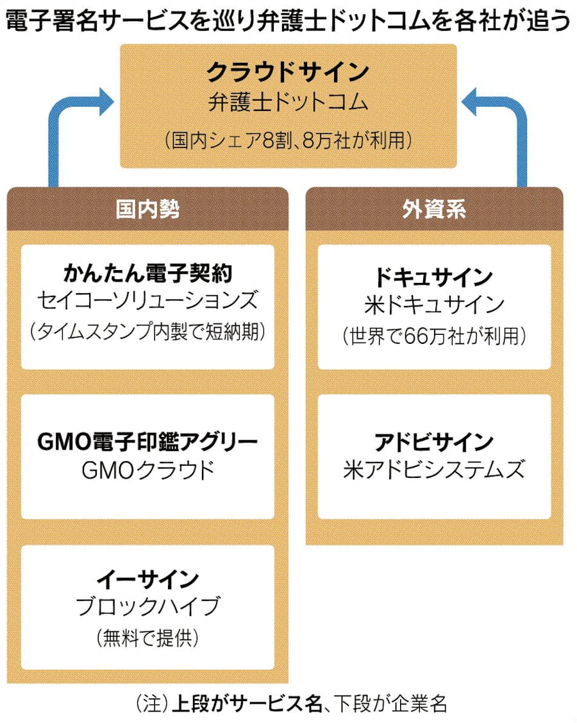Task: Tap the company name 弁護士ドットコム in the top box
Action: click(x=287, y=103)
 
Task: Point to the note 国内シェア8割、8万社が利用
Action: click(x=287, y=140)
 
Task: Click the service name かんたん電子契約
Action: click(x=147, y=275)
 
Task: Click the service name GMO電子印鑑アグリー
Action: click(x=147, y=442)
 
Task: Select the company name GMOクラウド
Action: click(x=147, y=471)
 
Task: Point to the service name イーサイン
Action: click(x=147, y=579)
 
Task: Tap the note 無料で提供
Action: click(x=147, y=638)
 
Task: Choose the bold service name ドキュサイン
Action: click(x=434, y=277)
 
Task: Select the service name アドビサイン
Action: click(x=434, y=442)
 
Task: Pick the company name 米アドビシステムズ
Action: click(x=434, y=471)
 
